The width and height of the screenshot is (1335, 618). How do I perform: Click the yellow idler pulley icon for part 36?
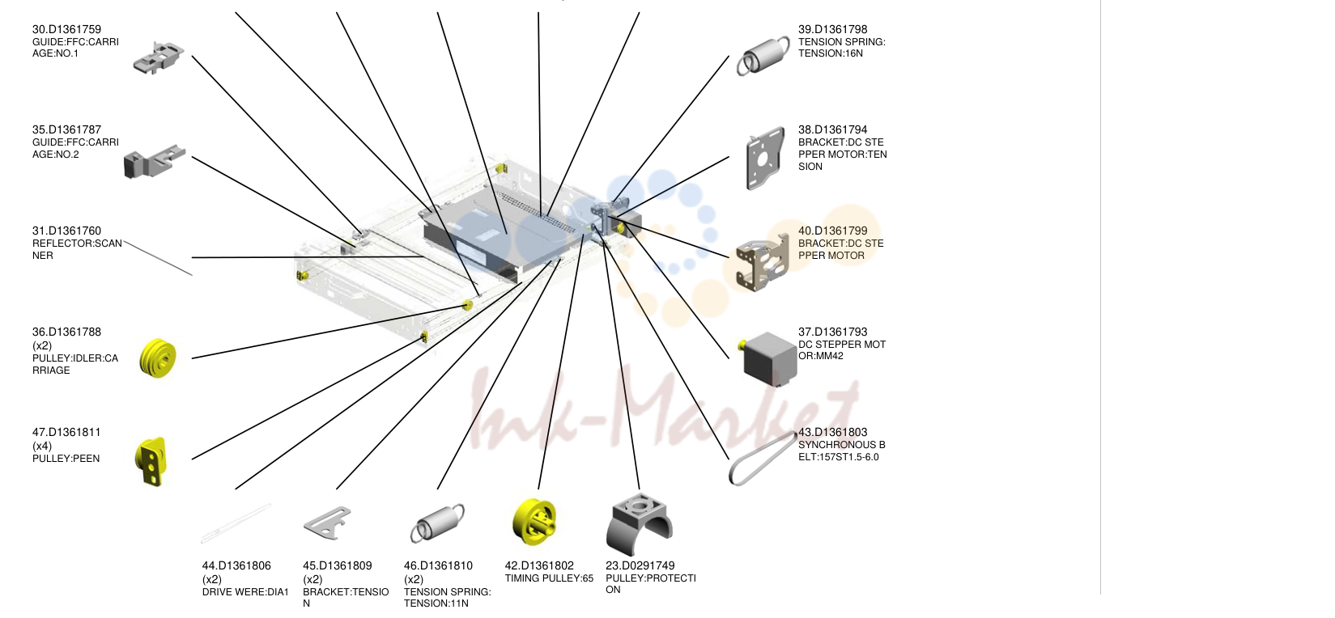pos(158,358)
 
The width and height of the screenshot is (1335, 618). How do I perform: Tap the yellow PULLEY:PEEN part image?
pos(151,462)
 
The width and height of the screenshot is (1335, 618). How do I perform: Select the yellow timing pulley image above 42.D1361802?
pos(534,522)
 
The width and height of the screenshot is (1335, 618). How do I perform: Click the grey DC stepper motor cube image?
pos(770,358)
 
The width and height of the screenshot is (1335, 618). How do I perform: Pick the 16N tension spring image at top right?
pos(763,56)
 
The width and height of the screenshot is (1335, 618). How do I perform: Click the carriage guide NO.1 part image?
pos(158,58)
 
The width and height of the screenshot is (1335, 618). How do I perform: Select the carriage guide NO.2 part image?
pos(154,161)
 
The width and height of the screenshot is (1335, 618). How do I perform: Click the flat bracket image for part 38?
pos(765,159)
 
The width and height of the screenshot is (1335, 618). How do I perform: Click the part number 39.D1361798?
pos(832,29)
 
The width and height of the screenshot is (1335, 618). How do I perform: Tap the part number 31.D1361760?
pos(66,231)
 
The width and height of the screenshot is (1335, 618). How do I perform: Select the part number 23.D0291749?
pos(640,565)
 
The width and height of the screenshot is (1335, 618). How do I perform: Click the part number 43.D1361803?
pos(832,432)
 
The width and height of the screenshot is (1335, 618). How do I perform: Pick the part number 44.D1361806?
pos(236,565)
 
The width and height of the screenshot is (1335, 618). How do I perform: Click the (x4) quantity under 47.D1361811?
pos(42,446)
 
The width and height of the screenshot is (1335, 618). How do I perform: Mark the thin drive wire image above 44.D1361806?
pos(236,524)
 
